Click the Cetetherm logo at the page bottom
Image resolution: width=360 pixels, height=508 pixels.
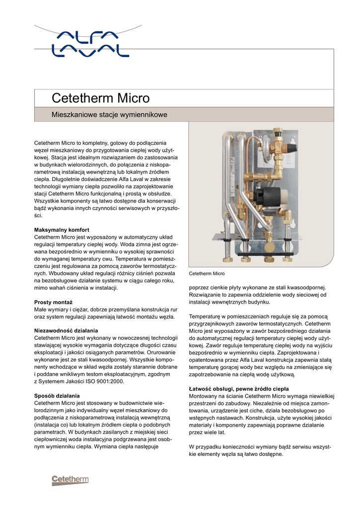pos(70,480)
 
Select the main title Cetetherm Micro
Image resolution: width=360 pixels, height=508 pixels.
pos(101,98)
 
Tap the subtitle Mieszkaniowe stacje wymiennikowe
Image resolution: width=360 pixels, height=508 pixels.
pos(110,115)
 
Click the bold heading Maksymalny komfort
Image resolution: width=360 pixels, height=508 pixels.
pos(62,230)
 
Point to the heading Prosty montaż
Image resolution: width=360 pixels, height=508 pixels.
pos(53,302)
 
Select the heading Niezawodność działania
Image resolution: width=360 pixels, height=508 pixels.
pos(66,330)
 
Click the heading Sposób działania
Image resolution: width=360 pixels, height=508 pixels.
pos(57,395)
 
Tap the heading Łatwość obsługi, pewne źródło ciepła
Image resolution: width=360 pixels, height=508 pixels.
pos(239,388)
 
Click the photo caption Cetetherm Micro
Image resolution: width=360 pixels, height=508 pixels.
pos(207,274)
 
